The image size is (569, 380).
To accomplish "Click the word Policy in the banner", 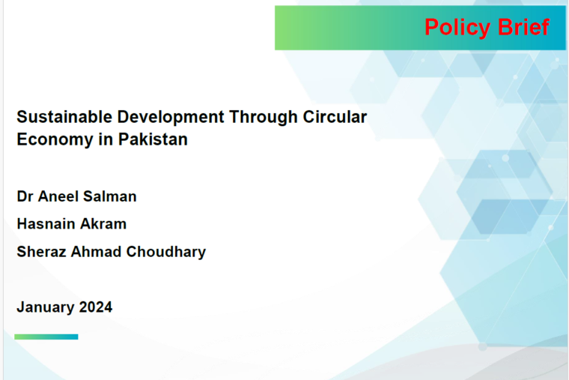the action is [x=457, y=28].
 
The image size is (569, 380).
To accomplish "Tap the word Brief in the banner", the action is [x=523, y=27].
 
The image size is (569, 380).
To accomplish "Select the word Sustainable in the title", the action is [x=64, y=117].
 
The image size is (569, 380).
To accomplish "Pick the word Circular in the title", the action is [x=335, y=117].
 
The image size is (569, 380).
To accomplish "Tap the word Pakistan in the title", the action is [x=153, y=139].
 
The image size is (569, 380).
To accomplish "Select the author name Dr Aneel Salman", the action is [x=76, y=196].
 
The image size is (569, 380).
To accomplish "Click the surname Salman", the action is [x=110, y=196].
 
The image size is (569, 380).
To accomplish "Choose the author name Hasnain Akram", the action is [x=71, y=224].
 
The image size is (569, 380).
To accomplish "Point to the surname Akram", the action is [x=103, y=224].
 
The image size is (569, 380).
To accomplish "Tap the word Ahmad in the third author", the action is [x=96, y=252].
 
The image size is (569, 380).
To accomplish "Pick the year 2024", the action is [x=96, y=307].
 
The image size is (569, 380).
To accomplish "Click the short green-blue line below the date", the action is [x=46, y=337].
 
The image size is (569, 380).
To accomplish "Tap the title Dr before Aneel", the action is [x=25, y=196].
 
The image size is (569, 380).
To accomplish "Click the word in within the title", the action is [x=106, y=139].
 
